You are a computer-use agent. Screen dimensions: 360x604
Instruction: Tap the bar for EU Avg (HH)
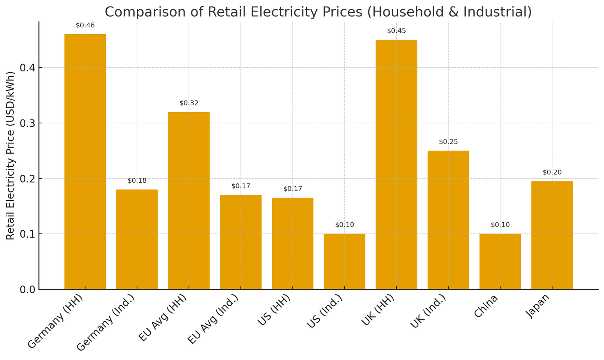click(189, 200)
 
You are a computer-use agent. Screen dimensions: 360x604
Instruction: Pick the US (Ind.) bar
click(344, 261)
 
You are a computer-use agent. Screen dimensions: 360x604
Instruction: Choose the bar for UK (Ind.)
click(448, 220)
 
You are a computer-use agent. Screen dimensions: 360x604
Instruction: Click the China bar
click(500, 261)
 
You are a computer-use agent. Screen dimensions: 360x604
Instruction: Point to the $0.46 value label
click(85, 25)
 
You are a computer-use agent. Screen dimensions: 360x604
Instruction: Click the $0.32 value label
click(189, 103)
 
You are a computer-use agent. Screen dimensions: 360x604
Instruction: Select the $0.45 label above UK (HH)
click(396, 31)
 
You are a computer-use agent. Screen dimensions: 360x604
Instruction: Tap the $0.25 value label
click(448, 142)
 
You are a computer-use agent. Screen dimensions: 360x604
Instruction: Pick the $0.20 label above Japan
click(552, 172)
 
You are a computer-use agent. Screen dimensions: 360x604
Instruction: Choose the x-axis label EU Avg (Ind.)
click(213, 322)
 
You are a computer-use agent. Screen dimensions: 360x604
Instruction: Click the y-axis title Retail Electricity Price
click(11, 155)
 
